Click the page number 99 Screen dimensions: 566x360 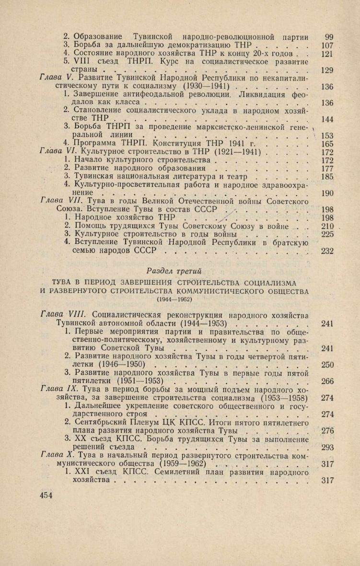coord(328,37)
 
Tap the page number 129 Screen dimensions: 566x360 coord(327,71)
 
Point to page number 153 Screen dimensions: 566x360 coord(327,135)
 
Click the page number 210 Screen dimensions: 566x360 coord(327,226)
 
